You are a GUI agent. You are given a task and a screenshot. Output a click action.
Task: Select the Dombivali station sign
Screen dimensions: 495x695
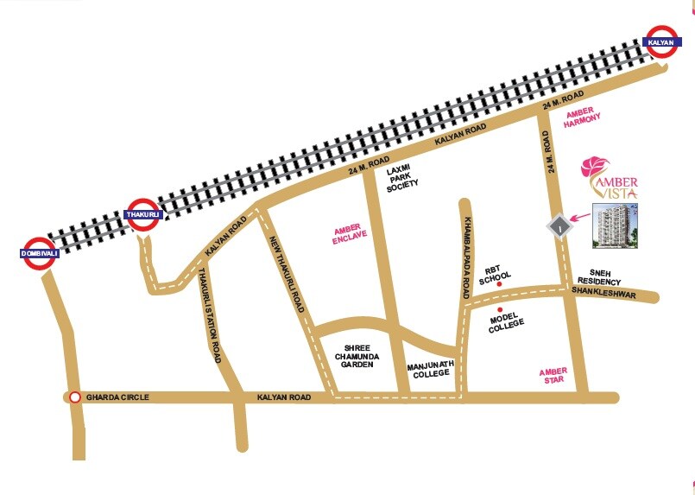(x=38, y=253)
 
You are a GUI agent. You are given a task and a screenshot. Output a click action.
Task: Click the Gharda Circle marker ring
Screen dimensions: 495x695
(x=75, y=397)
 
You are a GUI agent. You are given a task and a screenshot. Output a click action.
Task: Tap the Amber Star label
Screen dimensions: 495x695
(x=553, y=377)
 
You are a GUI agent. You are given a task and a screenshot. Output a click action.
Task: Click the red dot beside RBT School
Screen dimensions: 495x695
(x=500, y=284)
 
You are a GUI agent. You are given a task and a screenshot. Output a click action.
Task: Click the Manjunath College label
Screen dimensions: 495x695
(x=428, y=370)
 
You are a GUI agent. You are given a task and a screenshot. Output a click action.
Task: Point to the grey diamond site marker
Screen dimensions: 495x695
(x=561, y=226)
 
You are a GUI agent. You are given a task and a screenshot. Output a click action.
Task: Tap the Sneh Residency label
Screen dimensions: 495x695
(x=600, y=276)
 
